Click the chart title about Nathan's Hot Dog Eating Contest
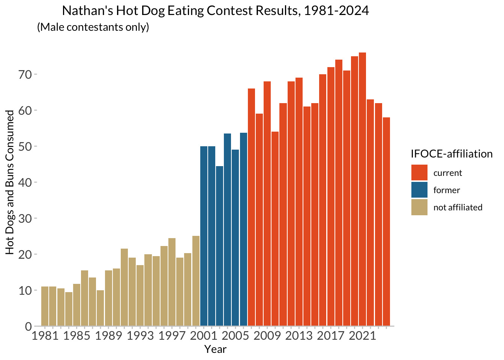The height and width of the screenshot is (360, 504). click(215, 10)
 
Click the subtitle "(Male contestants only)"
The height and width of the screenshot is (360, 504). click(93, 27)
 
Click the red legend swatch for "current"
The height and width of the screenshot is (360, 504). click(419, 173)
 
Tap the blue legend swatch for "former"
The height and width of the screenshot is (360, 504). click(419, 190)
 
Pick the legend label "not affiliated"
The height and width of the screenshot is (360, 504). click(458, 207)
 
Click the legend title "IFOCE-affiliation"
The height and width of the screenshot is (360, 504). click(451, 154)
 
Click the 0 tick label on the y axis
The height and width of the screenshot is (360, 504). click(28, 327)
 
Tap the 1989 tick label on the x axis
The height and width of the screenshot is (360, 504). click(108, 336)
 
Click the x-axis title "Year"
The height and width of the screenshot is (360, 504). click(215, 349)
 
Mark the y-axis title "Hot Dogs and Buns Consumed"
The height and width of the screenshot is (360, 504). click(10, 182)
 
